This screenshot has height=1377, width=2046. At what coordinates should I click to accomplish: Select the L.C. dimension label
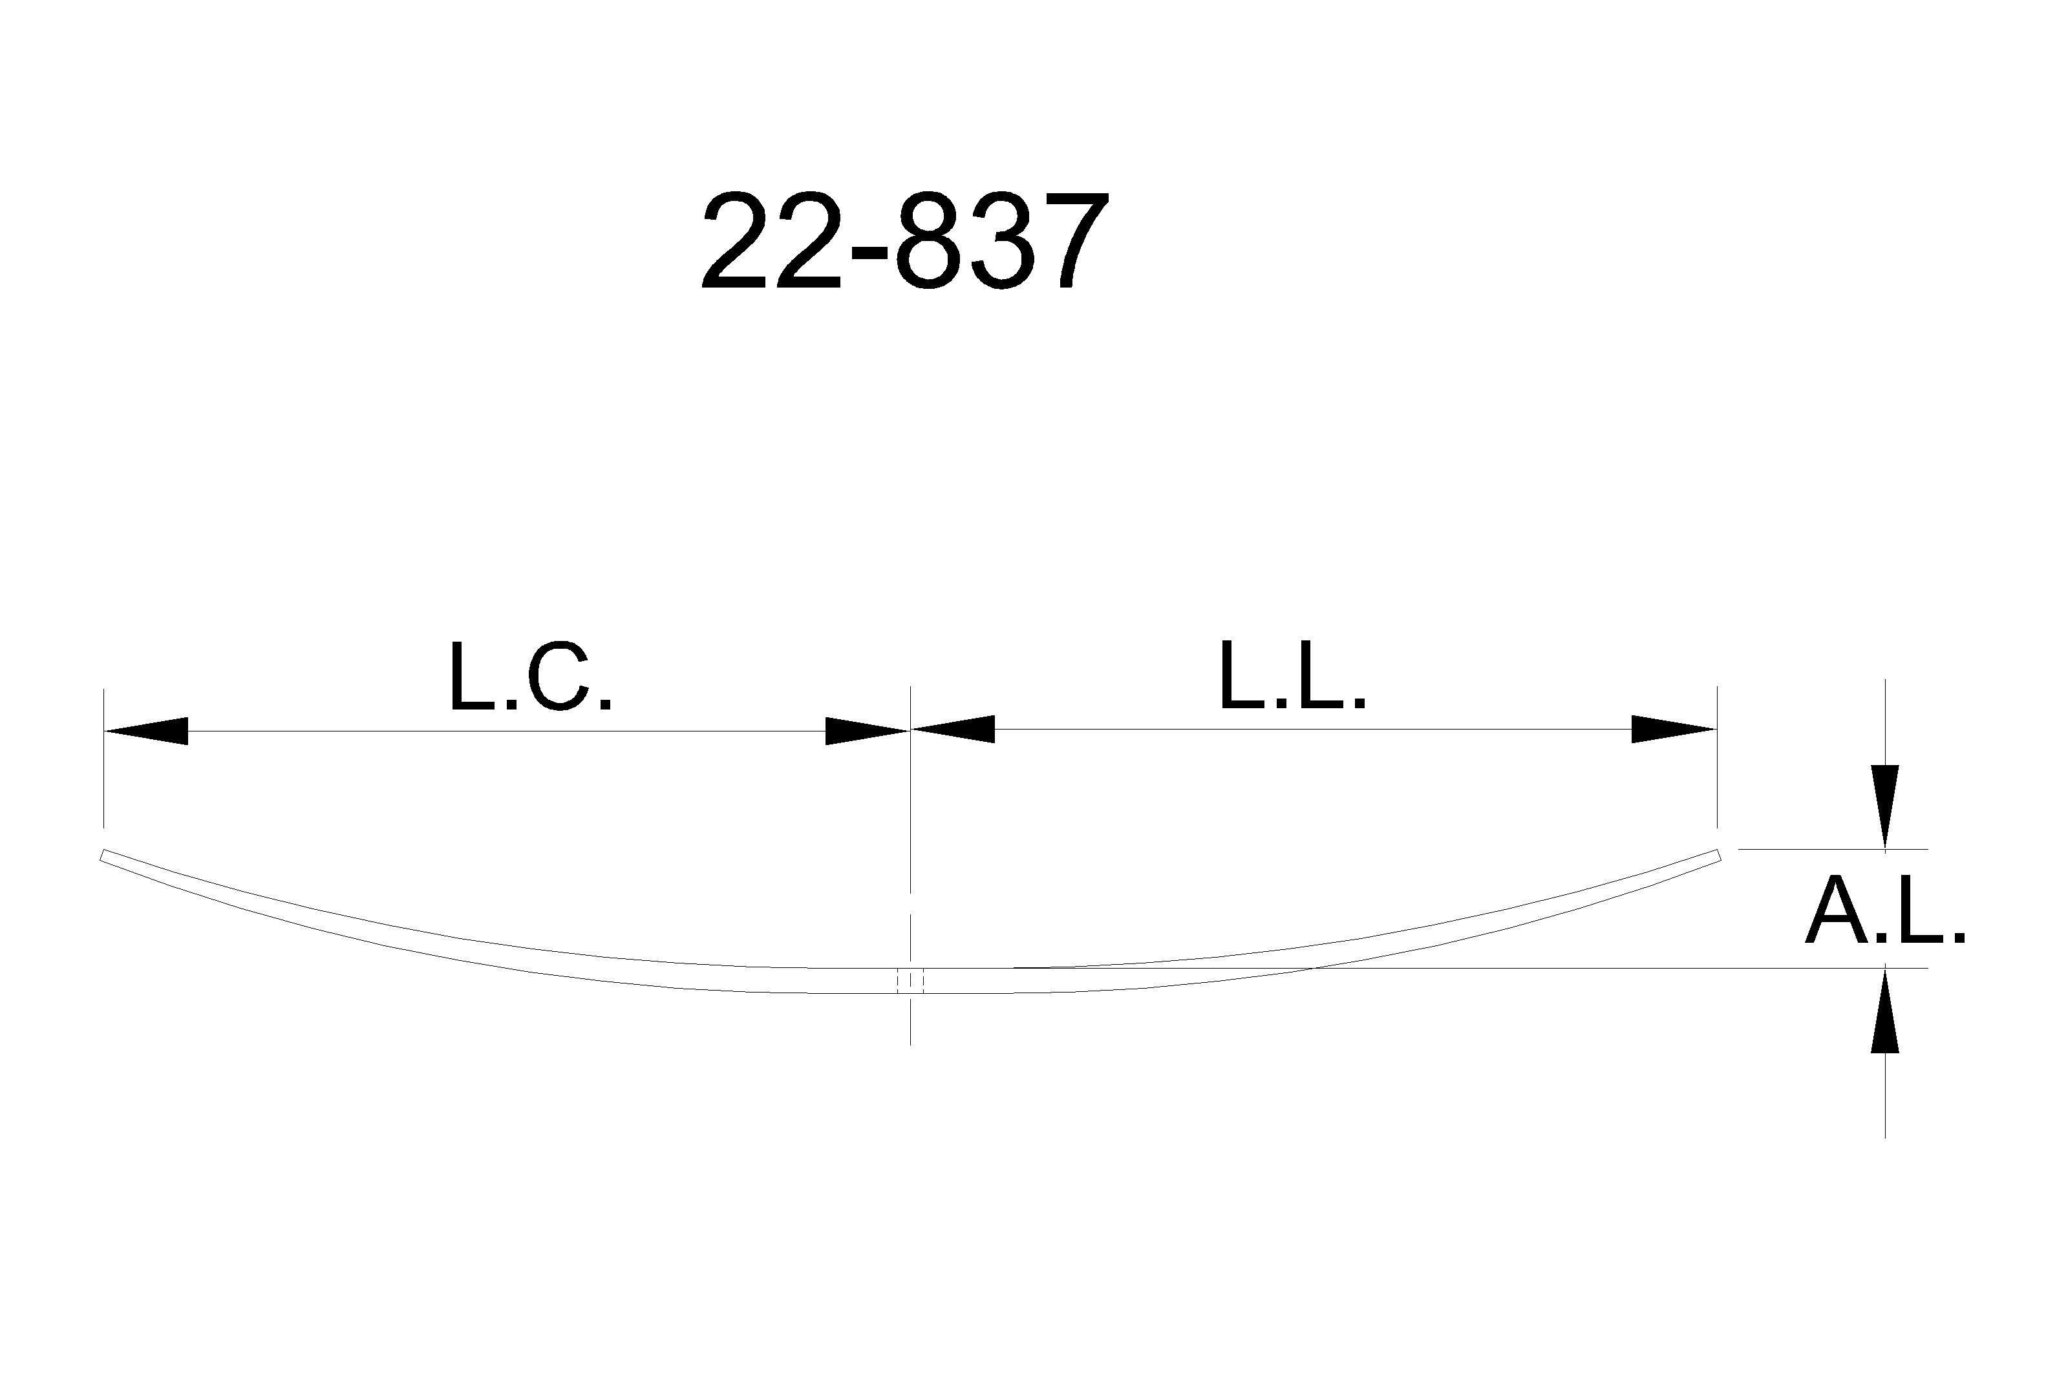click(529, 677)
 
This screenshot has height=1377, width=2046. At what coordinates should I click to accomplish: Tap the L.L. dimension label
click(1292, 676)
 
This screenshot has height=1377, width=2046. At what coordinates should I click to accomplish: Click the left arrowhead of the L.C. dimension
click(146, 731)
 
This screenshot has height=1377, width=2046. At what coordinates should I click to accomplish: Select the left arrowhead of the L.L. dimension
click(953, 729)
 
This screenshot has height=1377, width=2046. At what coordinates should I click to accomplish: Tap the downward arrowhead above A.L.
click(1885, 807)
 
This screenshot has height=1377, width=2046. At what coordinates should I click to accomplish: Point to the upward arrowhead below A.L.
click(1885, 1010)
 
